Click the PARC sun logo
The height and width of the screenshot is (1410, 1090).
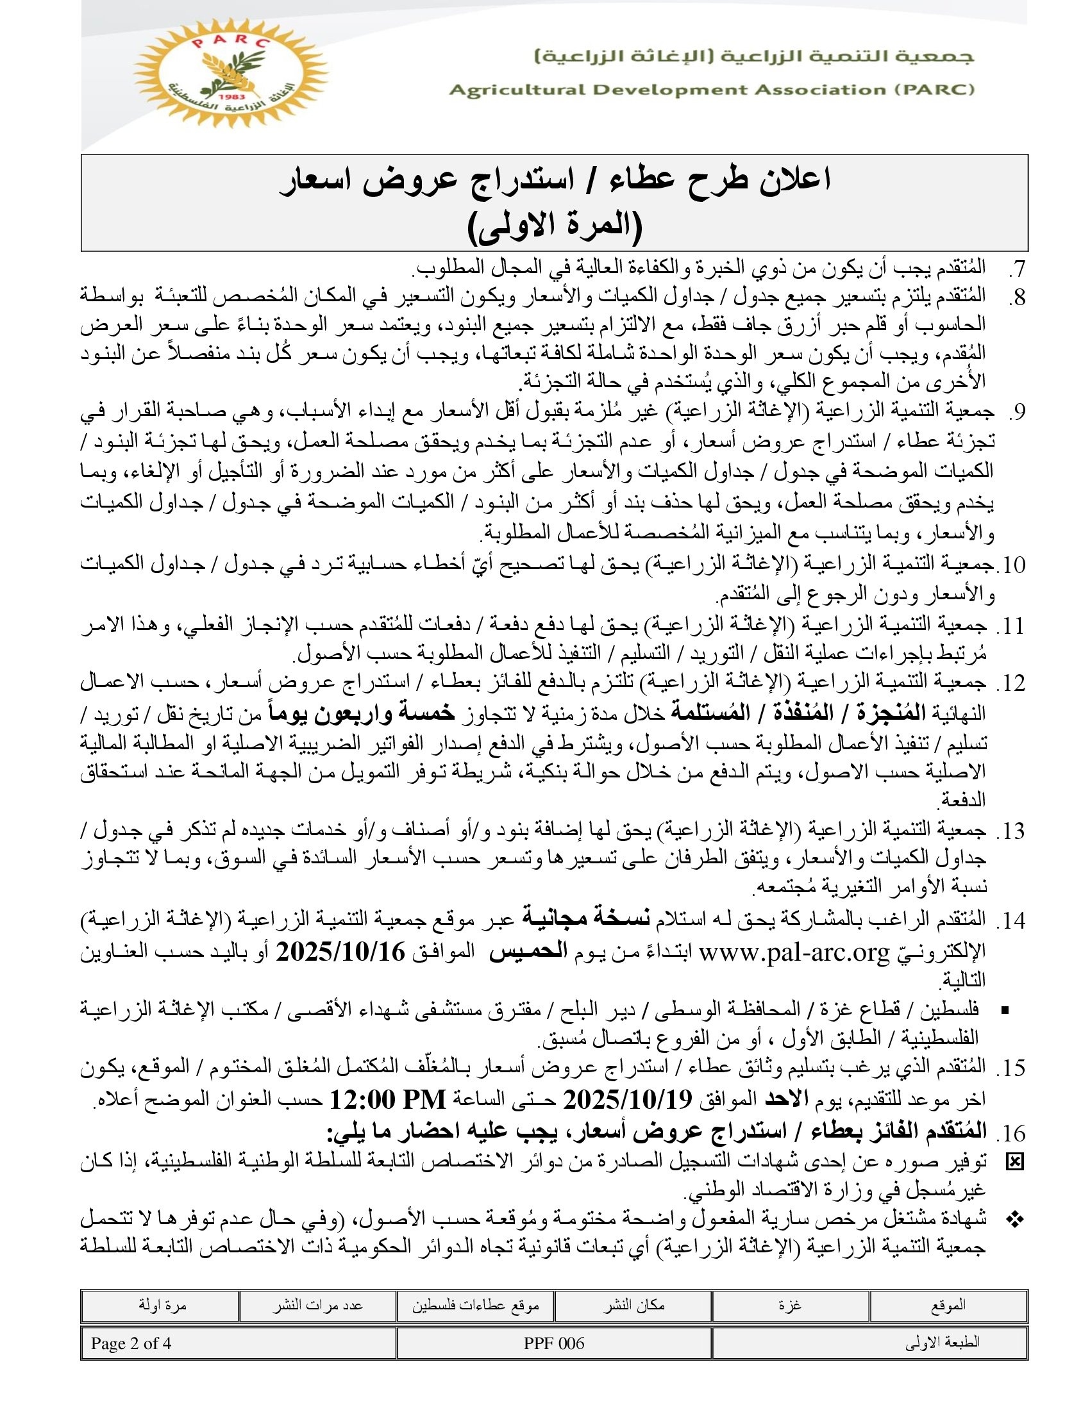(x=230, y=72)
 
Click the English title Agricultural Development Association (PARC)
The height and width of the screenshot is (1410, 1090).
(x=711, y=90)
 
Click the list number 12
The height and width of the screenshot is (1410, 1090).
(x=1010, y=683)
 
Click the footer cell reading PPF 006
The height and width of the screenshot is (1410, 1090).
(x=554, y=1343)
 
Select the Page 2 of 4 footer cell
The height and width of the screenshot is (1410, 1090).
(x=131, y=1343)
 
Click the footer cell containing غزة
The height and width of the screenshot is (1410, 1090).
(x=791, y=1305)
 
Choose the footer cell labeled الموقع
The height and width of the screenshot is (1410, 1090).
(x=948, y=1305)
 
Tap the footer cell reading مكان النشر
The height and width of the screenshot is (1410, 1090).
(x=633, y=1305)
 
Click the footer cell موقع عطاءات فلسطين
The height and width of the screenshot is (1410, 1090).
(x=475, y=1305)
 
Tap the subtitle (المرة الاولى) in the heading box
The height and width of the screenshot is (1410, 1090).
(x=554, y=228)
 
